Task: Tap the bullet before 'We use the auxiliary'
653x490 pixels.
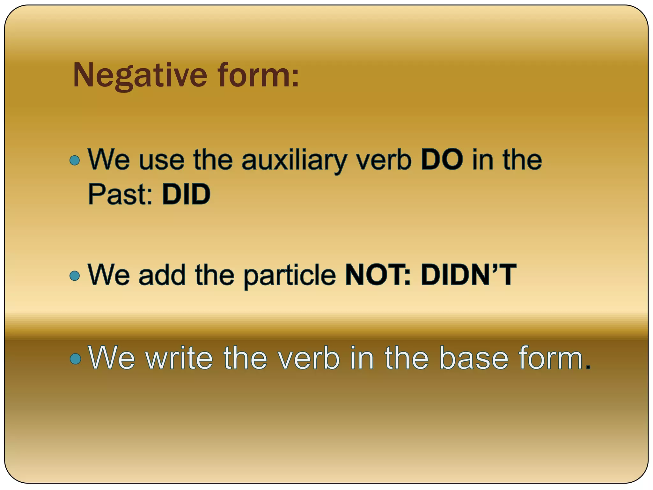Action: point(75,160)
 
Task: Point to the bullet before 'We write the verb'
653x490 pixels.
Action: point(75,359)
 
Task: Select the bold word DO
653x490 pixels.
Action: point(442,160)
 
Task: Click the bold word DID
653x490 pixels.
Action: point(186,194)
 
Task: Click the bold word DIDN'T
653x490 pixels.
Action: point(468,275)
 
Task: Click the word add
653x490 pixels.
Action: point(162,275)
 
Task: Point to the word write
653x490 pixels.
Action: point(179,358)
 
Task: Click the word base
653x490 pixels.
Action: point(473,358)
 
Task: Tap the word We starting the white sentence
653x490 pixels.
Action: point(112,358)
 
